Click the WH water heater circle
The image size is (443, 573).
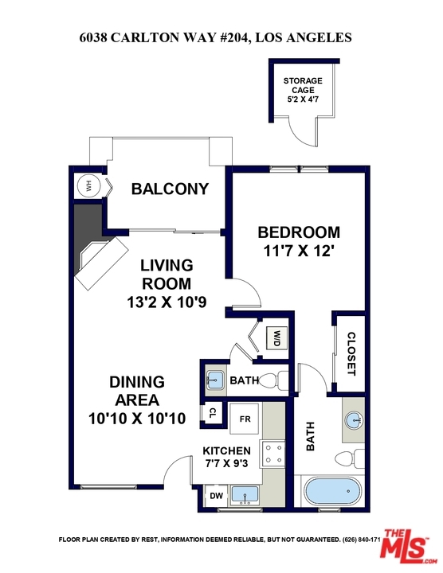88,187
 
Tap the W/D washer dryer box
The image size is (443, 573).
277,338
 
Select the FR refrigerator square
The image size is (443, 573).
245,419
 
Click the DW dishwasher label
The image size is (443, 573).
216,496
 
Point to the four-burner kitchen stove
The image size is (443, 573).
272,454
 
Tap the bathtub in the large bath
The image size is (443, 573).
333,492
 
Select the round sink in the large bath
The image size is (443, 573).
355,420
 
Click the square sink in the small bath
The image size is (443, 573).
215,380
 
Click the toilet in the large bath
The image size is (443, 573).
350,458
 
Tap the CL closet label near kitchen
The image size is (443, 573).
212,413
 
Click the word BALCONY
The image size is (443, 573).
170,189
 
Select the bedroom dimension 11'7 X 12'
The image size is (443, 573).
300,251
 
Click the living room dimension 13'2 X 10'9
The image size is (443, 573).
167,302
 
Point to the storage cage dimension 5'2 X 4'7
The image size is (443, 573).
303,99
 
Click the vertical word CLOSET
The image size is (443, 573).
351,353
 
